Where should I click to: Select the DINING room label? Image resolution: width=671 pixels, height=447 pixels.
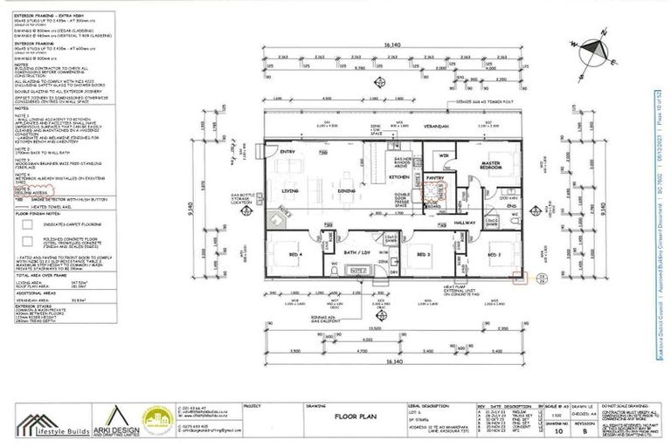click(x=347, y=190)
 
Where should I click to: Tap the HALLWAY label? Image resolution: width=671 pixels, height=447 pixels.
click(x=465, y=223)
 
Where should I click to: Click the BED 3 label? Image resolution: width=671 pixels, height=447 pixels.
click(x=424, y=254)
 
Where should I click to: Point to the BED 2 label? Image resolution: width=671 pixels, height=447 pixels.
click(x=495, y=254)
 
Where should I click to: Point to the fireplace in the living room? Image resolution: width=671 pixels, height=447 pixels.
click(x=278, y=219)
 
